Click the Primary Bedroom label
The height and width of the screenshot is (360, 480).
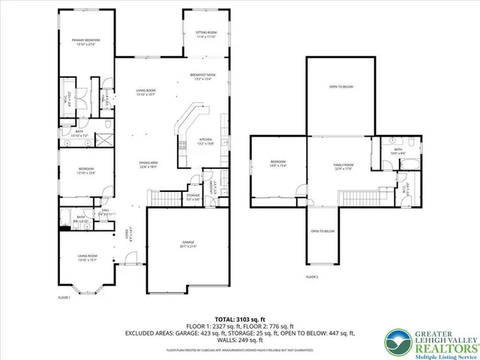(86, 40)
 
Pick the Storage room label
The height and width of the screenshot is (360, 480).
(193, 197)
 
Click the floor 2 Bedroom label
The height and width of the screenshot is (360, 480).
(277, 163)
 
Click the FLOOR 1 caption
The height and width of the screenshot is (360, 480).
(65, 298)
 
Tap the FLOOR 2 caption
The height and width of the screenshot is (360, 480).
(312, 277)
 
